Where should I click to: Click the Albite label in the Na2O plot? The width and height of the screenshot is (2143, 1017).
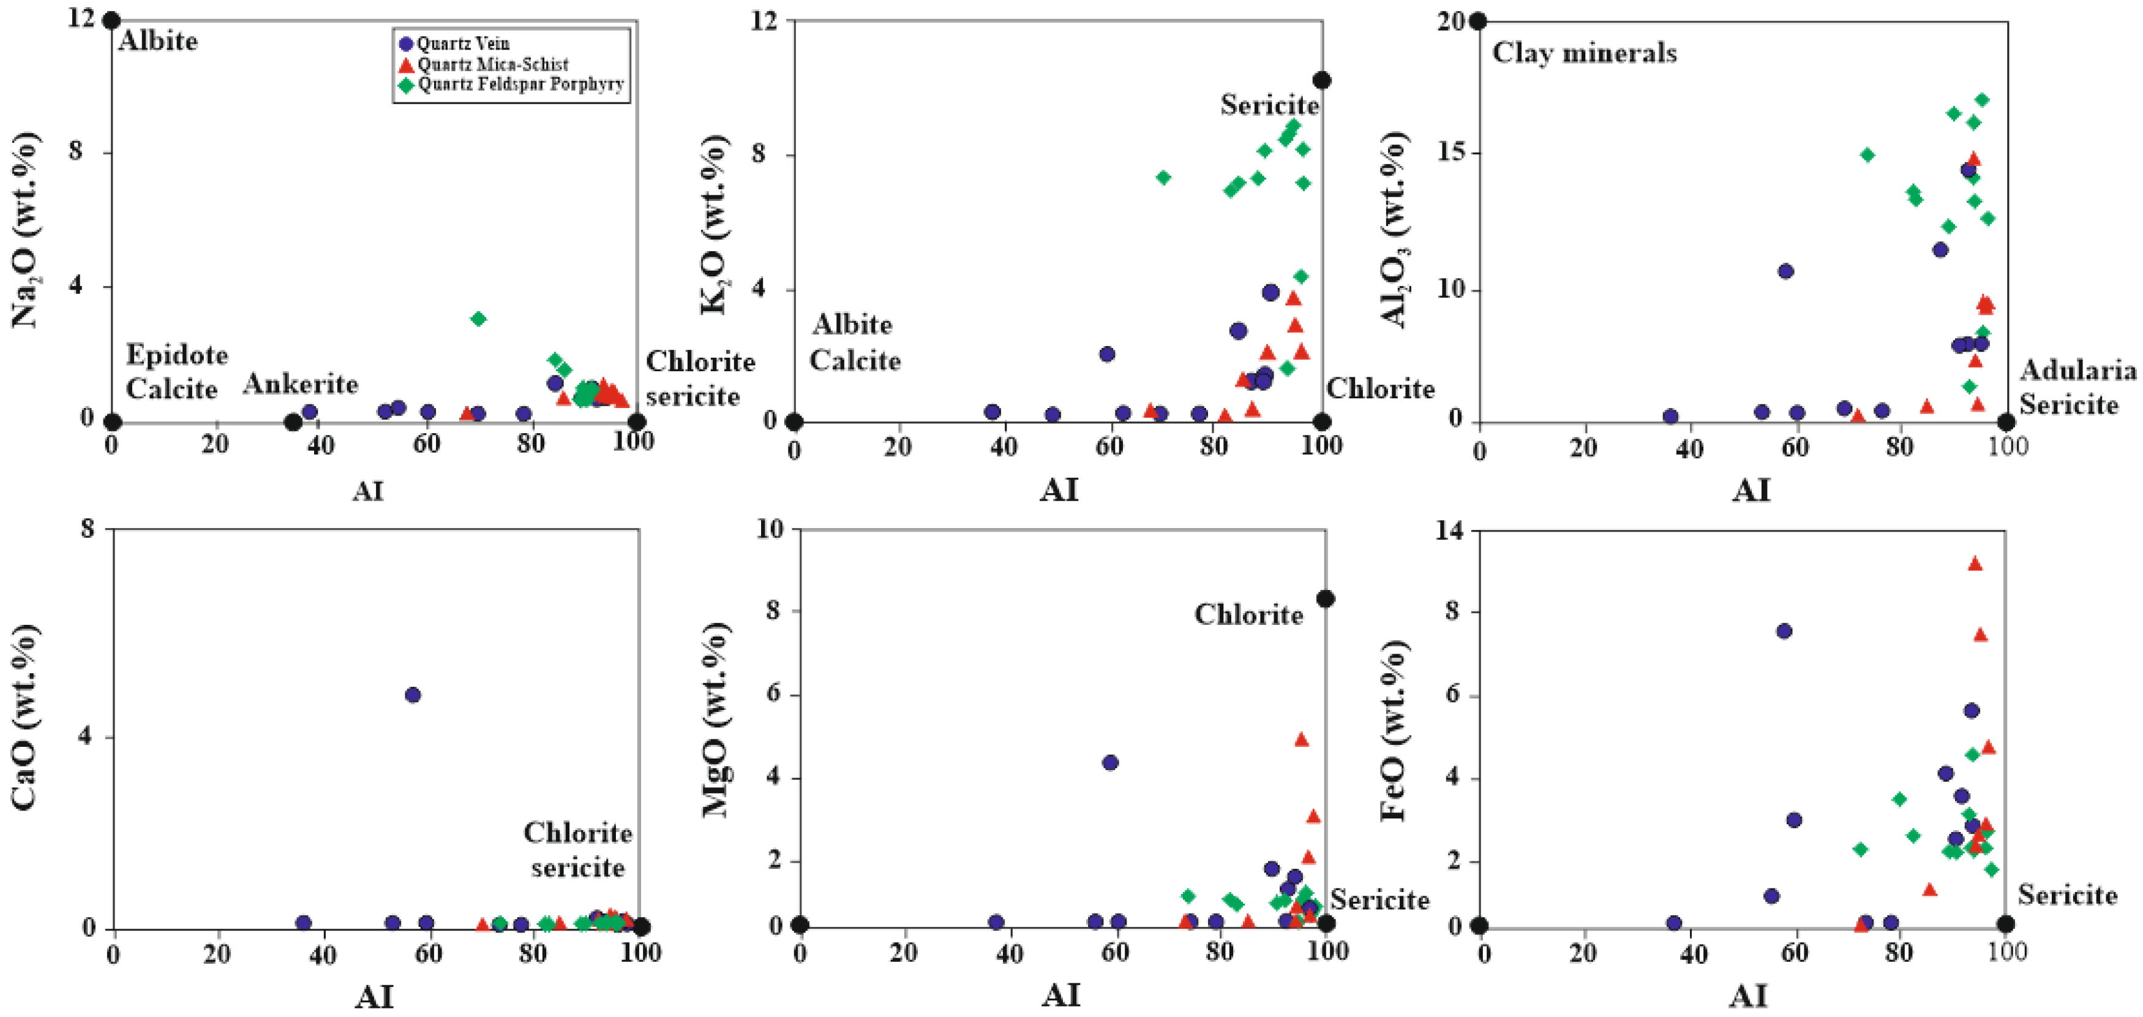[158, 41]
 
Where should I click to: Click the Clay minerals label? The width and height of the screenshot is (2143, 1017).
[1584, 53]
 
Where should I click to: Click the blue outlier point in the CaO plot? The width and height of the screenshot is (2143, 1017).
[413, 695]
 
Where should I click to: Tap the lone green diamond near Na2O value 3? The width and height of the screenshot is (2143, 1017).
[478, 319]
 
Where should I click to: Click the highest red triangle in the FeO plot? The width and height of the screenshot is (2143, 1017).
[1975, 564]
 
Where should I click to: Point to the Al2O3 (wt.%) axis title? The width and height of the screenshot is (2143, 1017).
[1394, 229]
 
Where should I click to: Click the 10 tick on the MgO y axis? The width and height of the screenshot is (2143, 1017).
[770, 529]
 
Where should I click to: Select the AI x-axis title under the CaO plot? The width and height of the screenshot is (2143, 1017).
[373, 996]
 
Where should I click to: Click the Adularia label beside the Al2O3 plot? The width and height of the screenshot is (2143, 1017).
[2077, 371]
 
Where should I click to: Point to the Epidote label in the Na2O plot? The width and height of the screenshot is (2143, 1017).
[177, 355]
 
